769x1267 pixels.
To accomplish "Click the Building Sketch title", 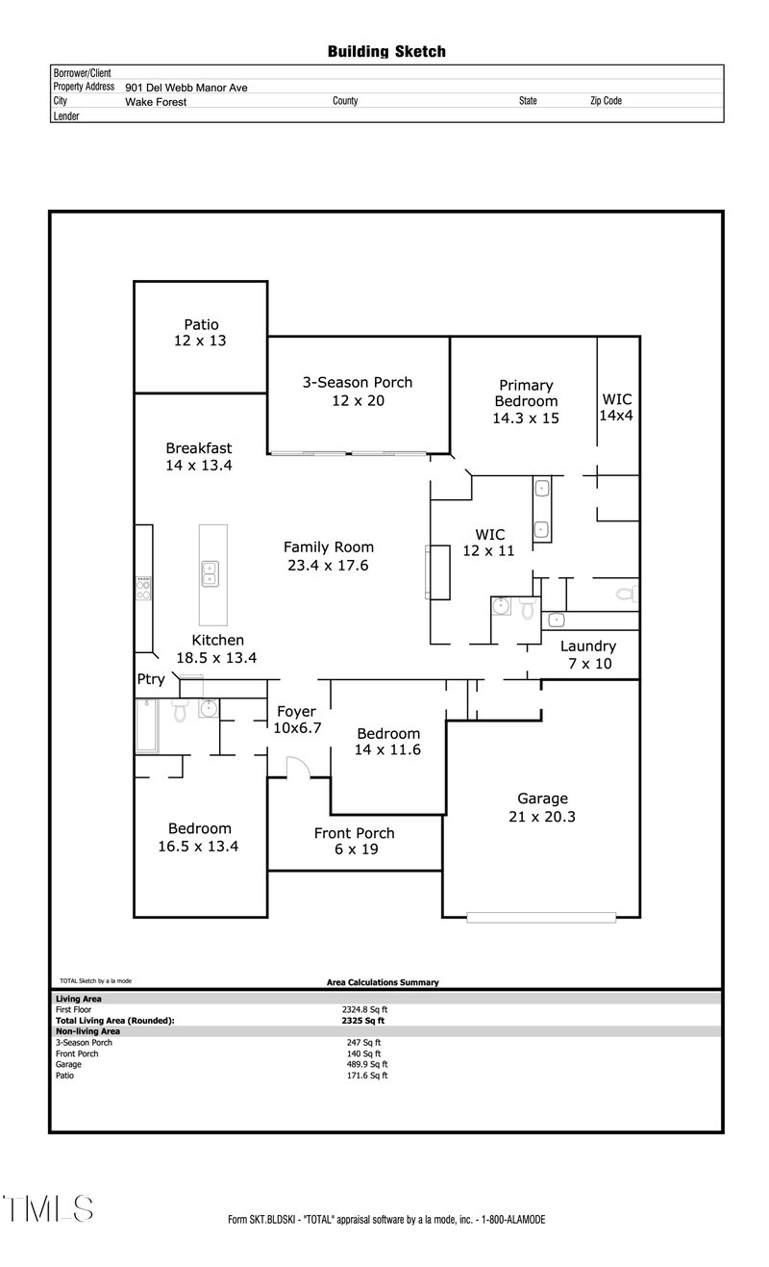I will [386, 52].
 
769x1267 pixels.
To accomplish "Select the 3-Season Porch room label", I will [357, 391].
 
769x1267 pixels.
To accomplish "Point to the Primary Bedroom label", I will [526, 393].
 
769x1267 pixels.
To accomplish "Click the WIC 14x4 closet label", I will [617, 407].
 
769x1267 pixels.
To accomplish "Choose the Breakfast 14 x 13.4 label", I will [199, 456].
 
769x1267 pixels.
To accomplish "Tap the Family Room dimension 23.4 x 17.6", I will [328, 566].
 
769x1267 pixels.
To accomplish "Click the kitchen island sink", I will [211, 573].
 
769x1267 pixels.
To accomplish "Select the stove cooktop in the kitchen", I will [143, 588].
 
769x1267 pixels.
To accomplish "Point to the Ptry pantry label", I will [151, 679].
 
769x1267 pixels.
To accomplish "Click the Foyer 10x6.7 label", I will [296, 720].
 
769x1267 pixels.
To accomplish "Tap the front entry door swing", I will [298, 766].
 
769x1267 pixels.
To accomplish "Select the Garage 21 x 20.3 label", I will [542, 807].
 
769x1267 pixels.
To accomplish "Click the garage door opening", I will [541, 917].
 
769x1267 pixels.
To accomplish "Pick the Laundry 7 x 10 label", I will [587, 655].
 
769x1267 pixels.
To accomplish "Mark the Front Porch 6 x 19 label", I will [354, 841].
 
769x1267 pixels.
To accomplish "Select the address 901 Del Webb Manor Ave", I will [186, 88].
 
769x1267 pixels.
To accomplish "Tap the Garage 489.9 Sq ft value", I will [366, 1065].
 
